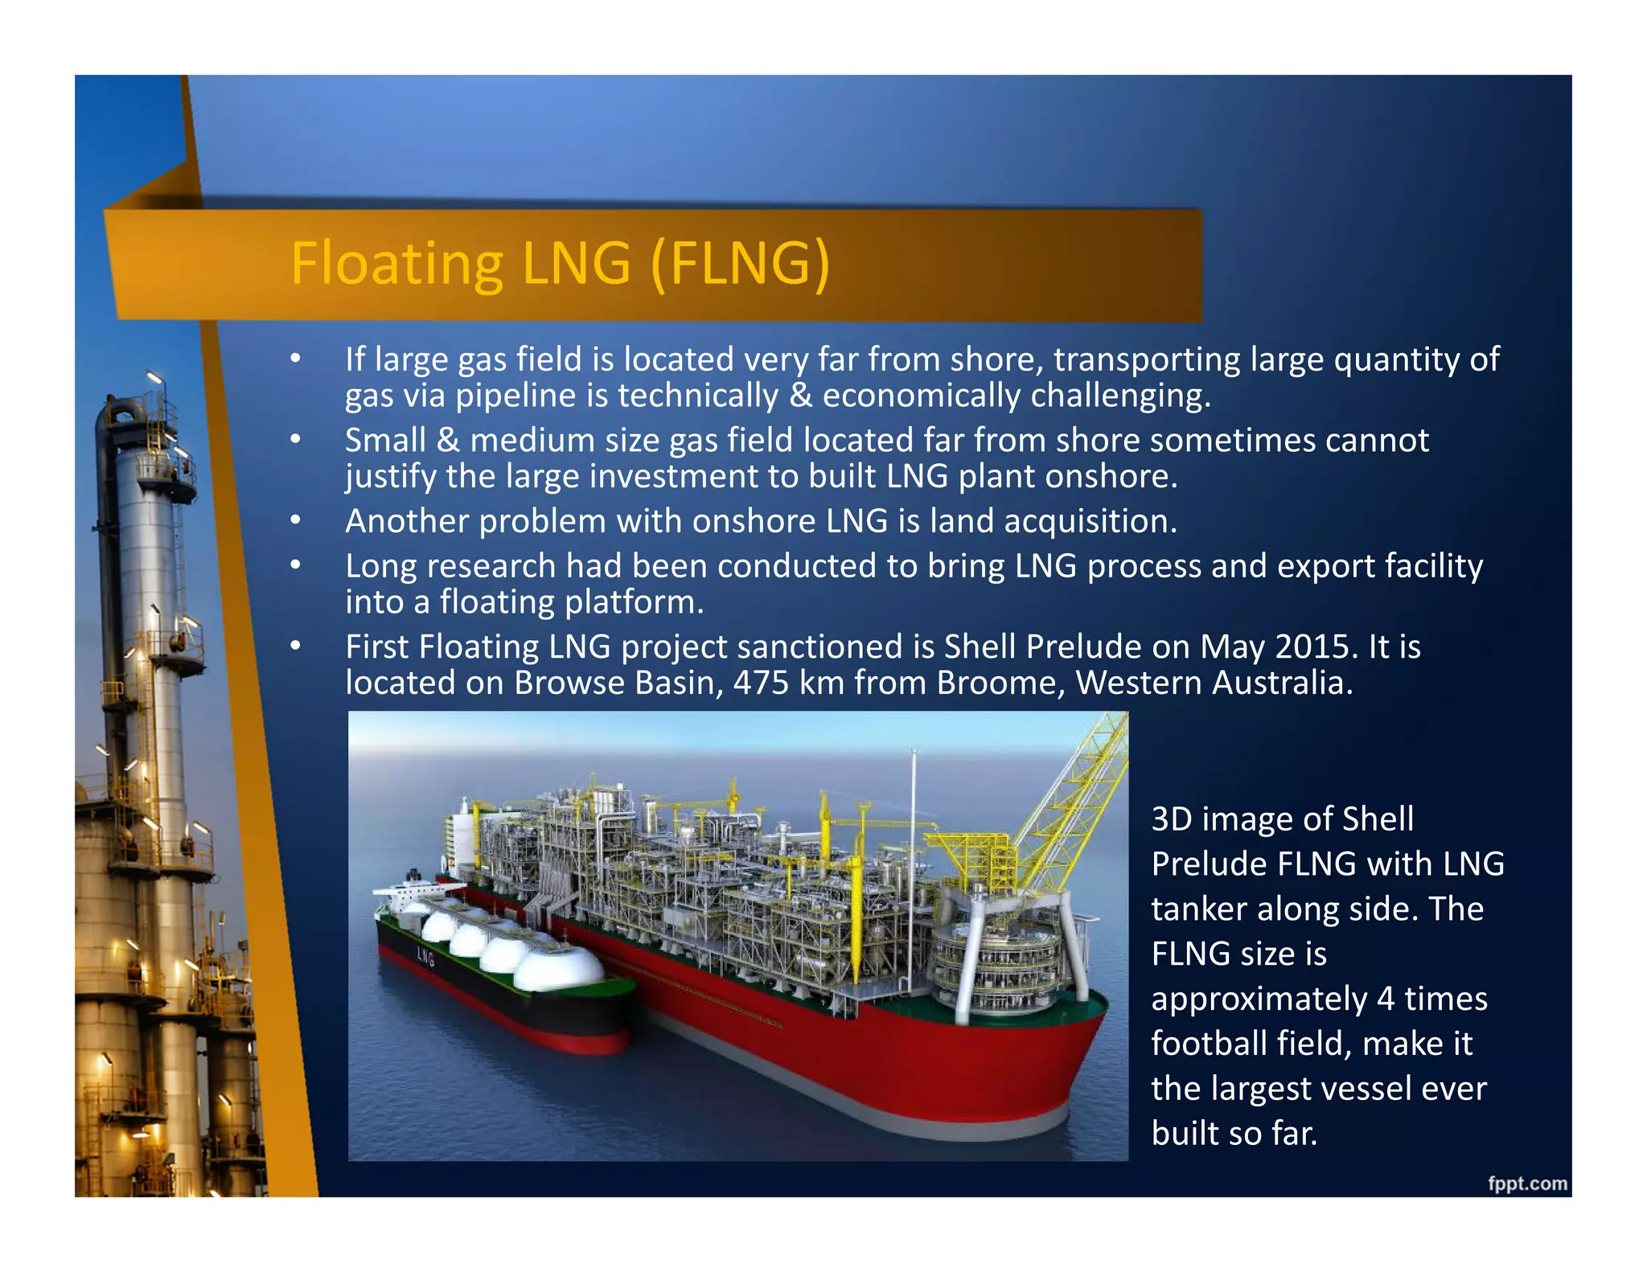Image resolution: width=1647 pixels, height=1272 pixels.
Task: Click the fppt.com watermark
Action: pos(1526,1184)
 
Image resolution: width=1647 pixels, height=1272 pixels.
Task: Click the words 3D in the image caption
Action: pos(1171,819)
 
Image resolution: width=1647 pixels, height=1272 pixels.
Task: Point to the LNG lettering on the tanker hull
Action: pos(425,957)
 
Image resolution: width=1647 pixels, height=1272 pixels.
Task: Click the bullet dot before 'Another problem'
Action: pos(296,520)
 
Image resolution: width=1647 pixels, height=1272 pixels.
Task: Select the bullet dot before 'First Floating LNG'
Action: pos(296,646)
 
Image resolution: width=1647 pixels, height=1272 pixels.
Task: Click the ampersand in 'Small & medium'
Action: pos(447,441)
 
